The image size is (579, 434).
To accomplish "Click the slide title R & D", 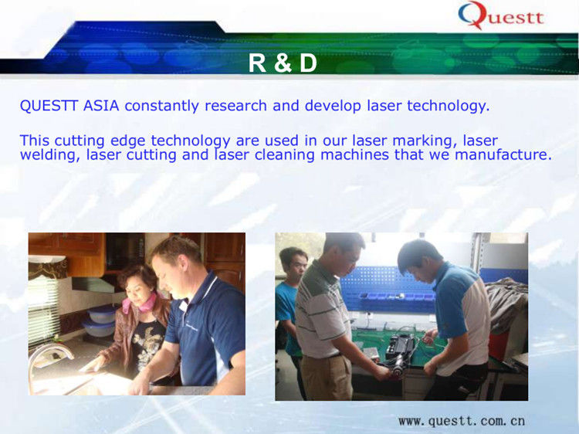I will click(x=283, y=63).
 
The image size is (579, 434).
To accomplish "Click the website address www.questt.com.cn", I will click(x=462, y=421).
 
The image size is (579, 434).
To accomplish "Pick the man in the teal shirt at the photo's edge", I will click(x=289, y=309).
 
